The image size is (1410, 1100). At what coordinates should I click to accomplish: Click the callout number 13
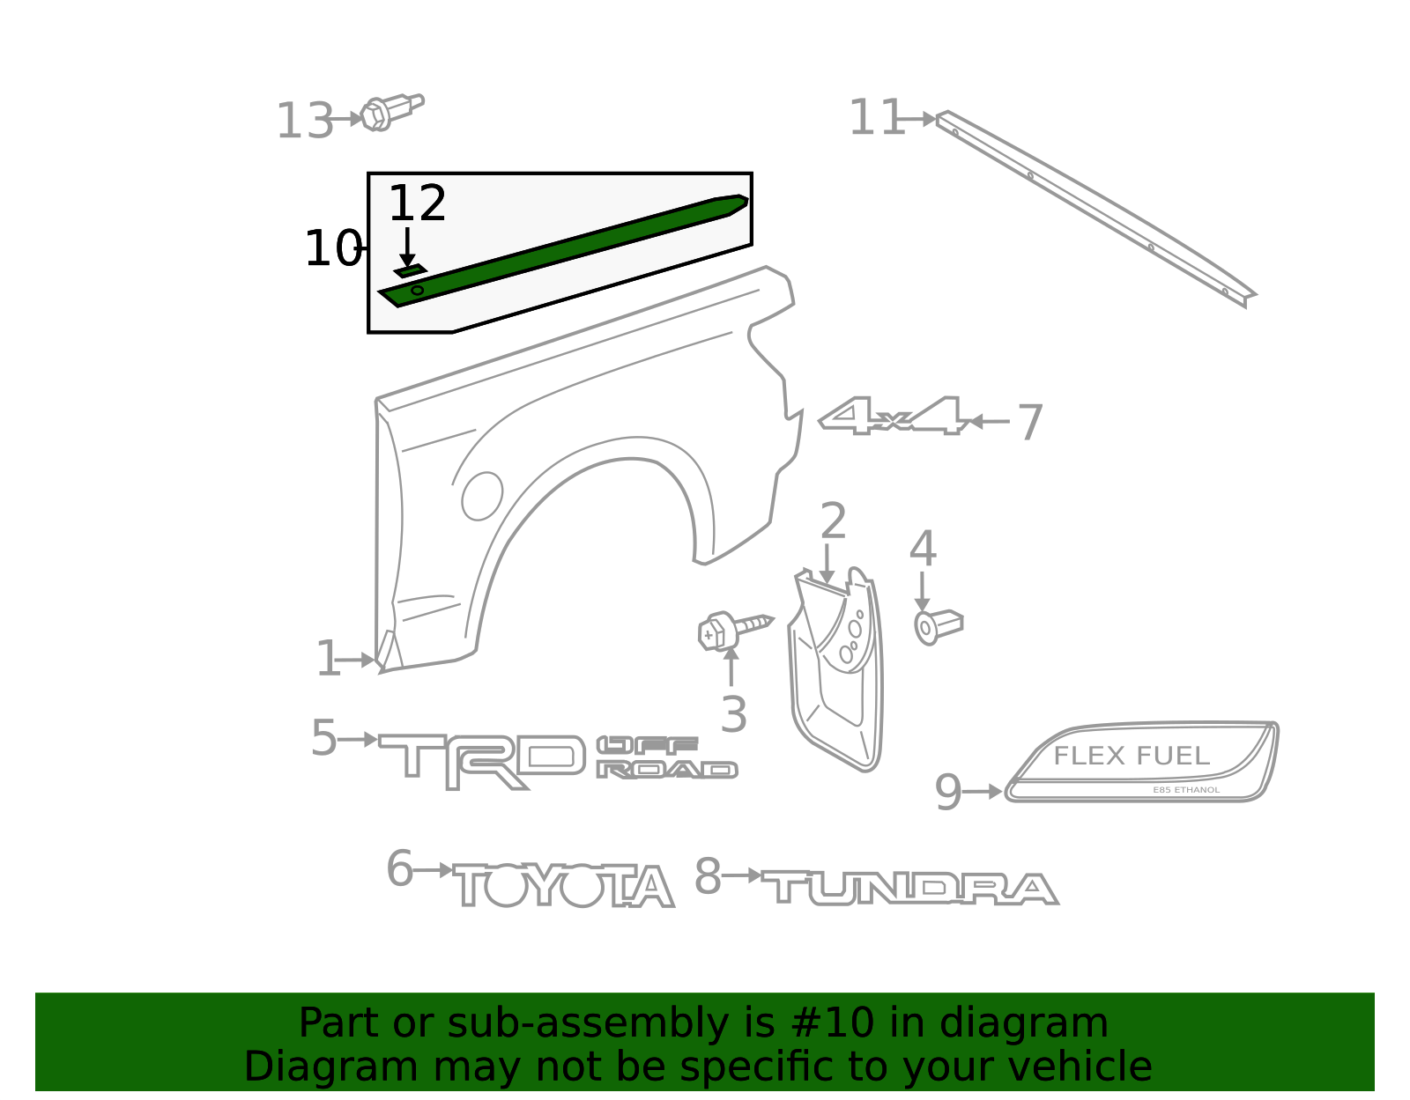coord(304,122)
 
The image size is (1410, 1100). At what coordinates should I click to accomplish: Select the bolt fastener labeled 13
coord(391,112)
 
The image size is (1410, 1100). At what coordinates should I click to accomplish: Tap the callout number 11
coord(876,117)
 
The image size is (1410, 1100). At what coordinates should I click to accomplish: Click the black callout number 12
coord(417,203)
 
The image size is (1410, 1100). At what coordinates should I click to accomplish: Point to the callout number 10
coord(333,248)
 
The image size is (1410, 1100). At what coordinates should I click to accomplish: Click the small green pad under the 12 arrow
coord(410,270)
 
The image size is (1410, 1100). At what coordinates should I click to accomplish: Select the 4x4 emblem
coord(894,417)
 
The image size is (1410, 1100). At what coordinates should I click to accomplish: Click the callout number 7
coord(1030,422)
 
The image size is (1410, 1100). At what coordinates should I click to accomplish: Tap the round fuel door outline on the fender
coord(482,496)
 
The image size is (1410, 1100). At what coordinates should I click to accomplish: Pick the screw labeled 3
coord(734,630)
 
